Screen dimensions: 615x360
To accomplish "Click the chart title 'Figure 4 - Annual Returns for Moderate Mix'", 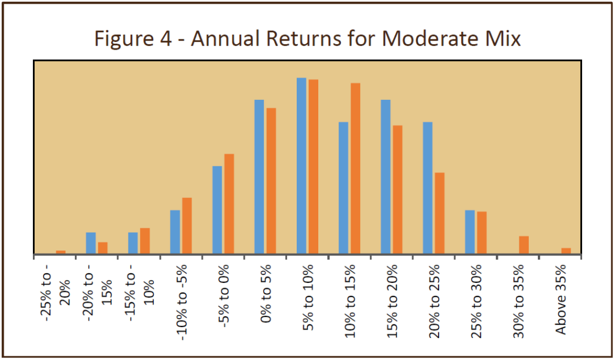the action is point(307,38).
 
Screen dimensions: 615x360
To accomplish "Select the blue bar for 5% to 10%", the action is point(302,166).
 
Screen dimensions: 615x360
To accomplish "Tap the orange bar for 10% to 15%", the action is point(355,169).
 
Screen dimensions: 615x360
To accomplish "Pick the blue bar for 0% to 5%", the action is point(259,177).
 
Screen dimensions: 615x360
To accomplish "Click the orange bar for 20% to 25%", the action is point(440,213).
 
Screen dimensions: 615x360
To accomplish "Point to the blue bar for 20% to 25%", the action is point(428,188).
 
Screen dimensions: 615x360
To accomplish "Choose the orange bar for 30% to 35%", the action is point(524,245).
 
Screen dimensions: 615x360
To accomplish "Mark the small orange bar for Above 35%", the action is point(566,251).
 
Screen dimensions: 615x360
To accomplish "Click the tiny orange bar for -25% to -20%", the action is point(61,252).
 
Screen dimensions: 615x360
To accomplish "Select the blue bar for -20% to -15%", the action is point(91,243).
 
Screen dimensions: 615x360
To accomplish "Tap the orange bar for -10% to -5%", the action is point(187,226).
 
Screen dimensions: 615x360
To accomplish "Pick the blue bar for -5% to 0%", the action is point(217,210).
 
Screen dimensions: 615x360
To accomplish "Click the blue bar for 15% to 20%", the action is point(385,177).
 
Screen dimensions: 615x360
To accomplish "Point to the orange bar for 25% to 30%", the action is point(482,233).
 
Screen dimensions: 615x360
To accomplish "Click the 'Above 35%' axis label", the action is point(561,300).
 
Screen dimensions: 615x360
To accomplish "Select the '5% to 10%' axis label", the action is point(308,297).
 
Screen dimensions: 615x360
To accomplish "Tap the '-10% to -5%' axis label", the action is point(182,303).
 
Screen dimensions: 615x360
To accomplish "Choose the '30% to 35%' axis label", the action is point(519,301).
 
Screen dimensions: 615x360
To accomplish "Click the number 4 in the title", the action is point(165,38).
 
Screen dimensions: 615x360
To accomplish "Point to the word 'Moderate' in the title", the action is point(427,38).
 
